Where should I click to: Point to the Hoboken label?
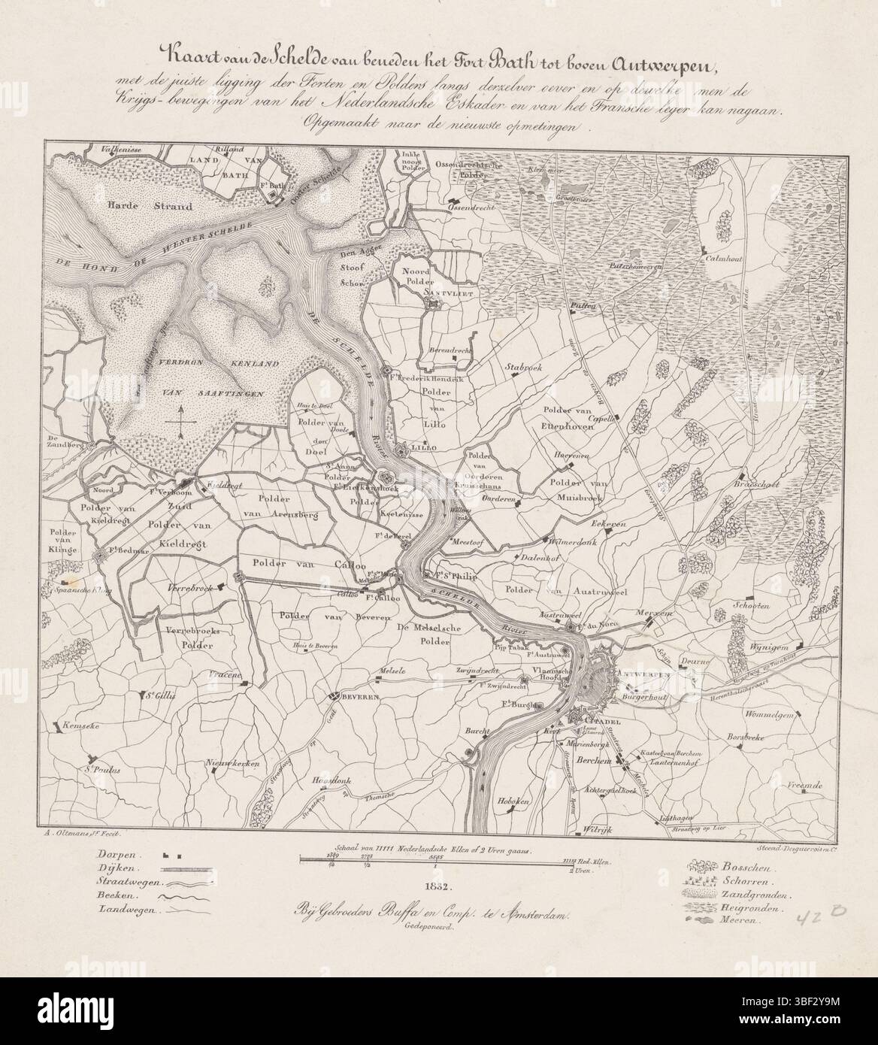(513, 803)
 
